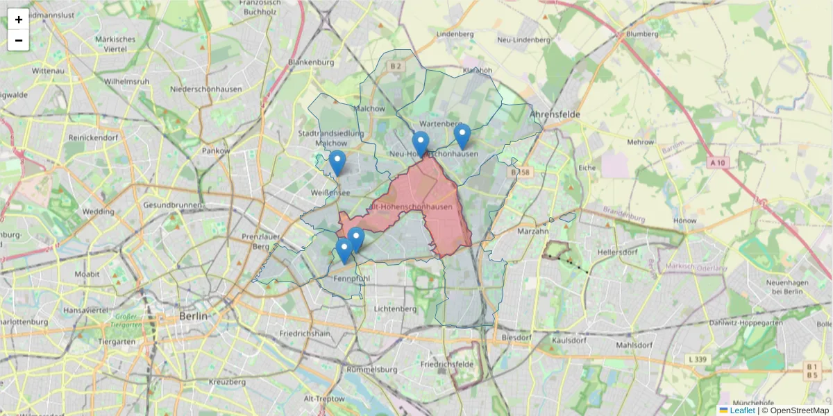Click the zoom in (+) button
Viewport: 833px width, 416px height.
19,19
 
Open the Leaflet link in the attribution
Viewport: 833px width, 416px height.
742,410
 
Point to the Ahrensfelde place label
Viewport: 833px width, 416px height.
554,114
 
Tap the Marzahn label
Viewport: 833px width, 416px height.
532,232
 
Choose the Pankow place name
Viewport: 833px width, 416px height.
215,150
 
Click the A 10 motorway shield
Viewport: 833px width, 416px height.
719,162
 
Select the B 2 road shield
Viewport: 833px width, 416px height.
396,67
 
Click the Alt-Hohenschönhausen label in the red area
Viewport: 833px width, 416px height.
412,207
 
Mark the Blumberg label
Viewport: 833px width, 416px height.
641,33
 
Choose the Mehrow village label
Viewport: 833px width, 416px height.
640,142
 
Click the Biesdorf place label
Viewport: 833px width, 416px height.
515,338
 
